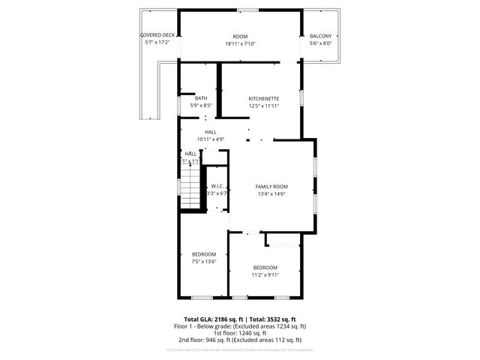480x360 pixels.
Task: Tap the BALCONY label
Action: click(320, 36)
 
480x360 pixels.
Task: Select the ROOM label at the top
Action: click(240, 36)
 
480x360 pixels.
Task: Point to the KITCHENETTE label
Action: click(264, 98)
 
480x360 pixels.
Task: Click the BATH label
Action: click(200, 98)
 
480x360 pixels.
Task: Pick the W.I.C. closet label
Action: click(217, 186)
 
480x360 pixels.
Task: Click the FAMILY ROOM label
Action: click(271, 186)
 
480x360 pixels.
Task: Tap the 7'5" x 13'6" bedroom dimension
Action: click(203, 262)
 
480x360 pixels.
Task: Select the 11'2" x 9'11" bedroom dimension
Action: click(265, 275)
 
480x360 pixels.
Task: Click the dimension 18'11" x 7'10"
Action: click(240, 43)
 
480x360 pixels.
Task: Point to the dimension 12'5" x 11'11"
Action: click(264, 106)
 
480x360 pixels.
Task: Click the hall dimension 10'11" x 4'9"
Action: click(211, 139)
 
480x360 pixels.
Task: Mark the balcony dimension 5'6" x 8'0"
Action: click(320, 43)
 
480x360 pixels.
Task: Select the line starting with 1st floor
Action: click(240, 333)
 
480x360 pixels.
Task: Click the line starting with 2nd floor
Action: click(240, 340)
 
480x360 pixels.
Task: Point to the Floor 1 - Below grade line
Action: click(240, 326)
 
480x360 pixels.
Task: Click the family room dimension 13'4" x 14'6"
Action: click(271, 193)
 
